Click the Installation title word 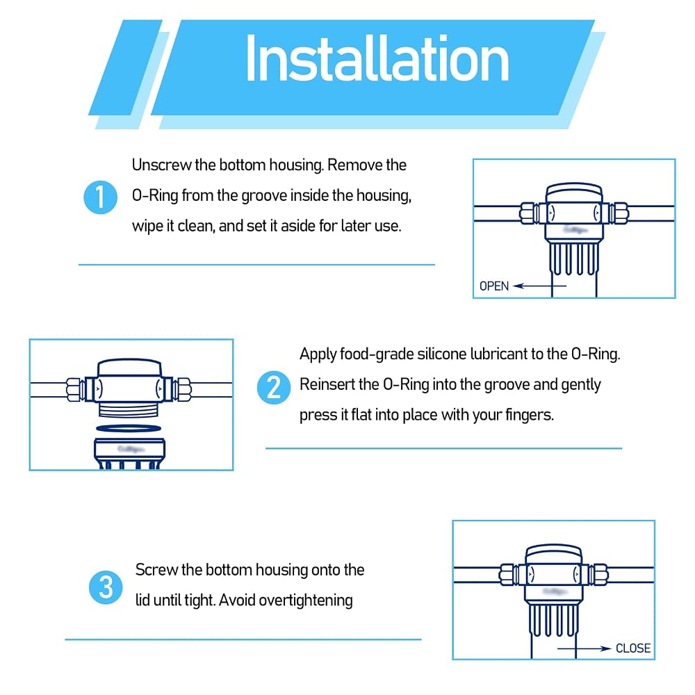point(377,59)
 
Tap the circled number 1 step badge point(101,197)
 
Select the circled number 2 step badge point(274,387)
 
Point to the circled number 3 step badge point(106,587)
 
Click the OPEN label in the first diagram point(494,286)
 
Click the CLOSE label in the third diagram point(633,648)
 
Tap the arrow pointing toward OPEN point(539,286)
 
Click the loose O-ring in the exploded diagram point(129,428)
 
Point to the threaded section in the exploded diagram point(129,409)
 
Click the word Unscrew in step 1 point(161,165)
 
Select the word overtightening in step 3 point(306,600)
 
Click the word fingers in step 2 point(530,416)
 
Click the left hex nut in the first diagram point(528,213)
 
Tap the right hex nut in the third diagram point(600,575)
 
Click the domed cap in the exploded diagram point(129,368)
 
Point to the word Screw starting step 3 point(156,570)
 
